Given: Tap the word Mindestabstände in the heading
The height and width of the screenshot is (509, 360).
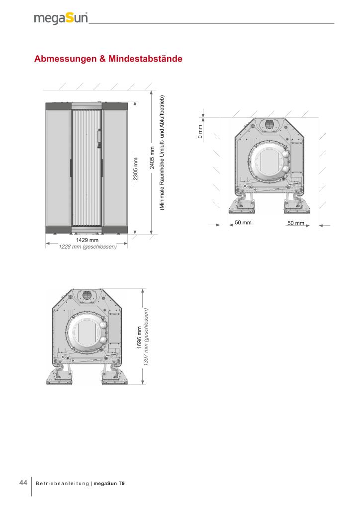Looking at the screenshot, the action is coord(145,59).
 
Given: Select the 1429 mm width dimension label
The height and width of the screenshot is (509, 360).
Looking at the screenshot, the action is coord(87,240).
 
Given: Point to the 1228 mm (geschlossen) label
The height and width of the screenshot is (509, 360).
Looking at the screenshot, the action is coord(88,247).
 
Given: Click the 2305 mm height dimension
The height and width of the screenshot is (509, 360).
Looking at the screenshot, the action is coord(136,169).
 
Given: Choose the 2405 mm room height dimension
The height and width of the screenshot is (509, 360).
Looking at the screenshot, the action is coord(152,158).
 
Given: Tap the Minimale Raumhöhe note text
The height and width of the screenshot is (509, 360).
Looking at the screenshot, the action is coord(162,153).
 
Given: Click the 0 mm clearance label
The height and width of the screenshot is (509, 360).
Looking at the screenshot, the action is coord(200,132).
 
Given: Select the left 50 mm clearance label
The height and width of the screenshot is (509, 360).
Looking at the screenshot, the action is coord(243,222).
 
